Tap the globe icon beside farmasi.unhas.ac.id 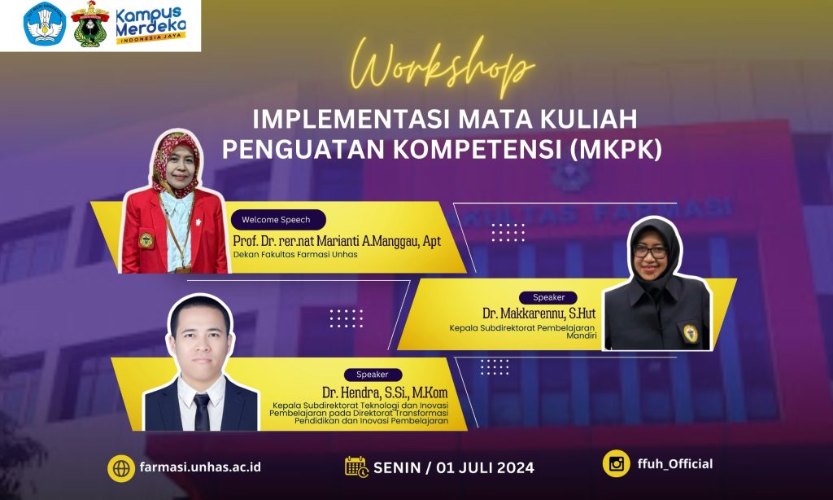pyautogui.click(x=120, y=467)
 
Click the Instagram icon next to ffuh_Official pyautogui.click(x=616, y=463)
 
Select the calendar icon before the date pyautogui.click(x=356, y=467)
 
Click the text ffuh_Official pyautogui.click(x=676, y=464)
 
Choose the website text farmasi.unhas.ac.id pyautogui.click(x=200, y=467)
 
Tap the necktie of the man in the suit pyautogui.click(x=201, y=412)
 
